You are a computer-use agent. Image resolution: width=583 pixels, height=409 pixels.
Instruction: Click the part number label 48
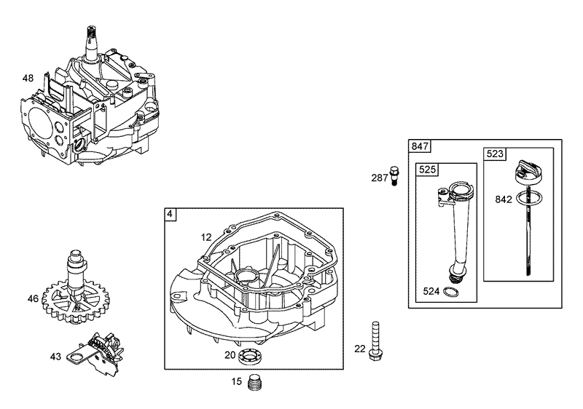click(x=28, y=77)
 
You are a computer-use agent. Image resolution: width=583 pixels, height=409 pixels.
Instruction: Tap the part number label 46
click(x=33, y=298)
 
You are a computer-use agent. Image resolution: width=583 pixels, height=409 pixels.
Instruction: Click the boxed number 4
click(x=170, y=215)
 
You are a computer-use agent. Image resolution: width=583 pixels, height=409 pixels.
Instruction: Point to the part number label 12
click(x=206, y=237)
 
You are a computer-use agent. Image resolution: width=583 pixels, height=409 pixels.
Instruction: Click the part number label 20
click(x=229, y=355)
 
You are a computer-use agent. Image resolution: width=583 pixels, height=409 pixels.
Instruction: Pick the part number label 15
click(x=237, y=381)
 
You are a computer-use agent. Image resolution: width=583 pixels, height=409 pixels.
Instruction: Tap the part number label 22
click(x=359, y=349)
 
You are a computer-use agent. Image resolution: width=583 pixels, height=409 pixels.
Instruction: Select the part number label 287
click(x=380, y=177)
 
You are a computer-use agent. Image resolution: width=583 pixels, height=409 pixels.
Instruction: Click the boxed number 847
click(x=420, y=146)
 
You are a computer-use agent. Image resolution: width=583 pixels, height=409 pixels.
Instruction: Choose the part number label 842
click(x=504, y=199)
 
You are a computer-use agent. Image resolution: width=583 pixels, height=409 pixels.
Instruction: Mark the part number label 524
click(x=432, y=293)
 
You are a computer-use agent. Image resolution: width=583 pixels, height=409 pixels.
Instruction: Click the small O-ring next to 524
click(x=453, y=293)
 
